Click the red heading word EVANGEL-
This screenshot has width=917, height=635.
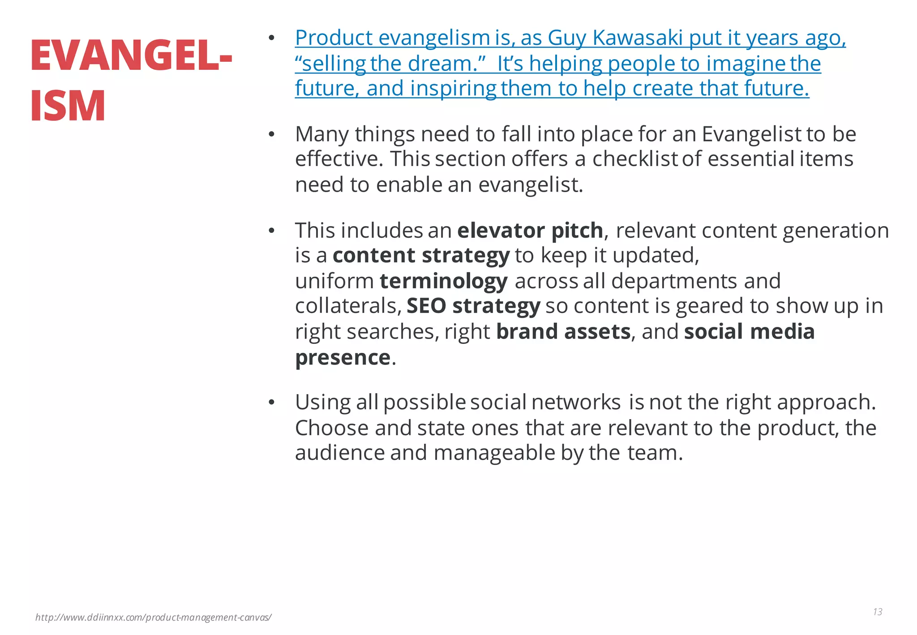131,56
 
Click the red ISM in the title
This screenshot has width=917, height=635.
68,106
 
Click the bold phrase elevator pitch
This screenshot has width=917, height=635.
530,231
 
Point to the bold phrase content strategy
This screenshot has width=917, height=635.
421,256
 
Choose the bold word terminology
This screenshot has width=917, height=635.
444,281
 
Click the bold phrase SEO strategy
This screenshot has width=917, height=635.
473,306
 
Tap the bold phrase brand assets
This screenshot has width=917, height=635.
563,332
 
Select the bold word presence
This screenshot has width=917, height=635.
343,357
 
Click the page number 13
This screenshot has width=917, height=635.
877,612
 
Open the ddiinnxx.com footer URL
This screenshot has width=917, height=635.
153,618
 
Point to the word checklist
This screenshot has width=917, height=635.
634,159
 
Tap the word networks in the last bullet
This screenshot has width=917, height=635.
576,402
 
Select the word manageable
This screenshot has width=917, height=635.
494,453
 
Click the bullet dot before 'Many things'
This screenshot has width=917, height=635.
271,134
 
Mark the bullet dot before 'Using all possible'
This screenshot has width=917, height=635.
271,403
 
